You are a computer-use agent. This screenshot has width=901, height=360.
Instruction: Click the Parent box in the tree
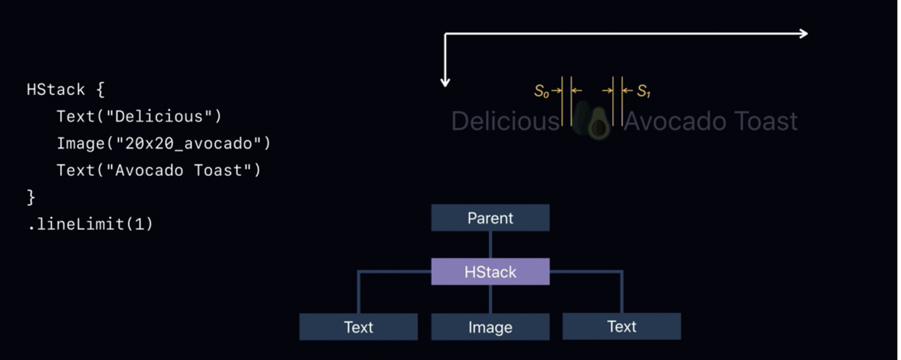[x=490, y=218]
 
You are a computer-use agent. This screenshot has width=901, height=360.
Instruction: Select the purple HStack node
[x=490, y=272]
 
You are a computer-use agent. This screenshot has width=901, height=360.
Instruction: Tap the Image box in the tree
[x=490, y=327]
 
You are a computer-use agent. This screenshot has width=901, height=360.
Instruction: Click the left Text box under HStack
[x=358, y=327]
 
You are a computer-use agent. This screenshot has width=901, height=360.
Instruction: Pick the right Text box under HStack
[x=622, y=326]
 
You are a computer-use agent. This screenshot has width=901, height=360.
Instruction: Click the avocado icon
[x=598, y=123]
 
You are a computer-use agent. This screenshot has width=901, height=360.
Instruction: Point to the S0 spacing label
[x=541, y=92]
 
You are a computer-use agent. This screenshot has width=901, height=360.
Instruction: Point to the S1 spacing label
[x=643, y=92]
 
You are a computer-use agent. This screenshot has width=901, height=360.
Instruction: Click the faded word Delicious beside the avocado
[x=505, y=122]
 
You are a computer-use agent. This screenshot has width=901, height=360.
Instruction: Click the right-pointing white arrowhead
[x=804, y=34]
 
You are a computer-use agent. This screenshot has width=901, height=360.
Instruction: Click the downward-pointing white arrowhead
[x=445, y=82]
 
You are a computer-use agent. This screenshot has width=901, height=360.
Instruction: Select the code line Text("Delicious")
[x=139, y=116]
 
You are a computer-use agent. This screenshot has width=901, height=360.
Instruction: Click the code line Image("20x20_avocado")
[x=163, y=143]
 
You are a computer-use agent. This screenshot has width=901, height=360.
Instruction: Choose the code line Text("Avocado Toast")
[x=159, y=170]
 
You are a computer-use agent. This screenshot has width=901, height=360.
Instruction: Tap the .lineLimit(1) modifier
[x=91, y=224]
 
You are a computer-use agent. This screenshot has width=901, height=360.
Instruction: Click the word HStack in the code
[x=56, y=89]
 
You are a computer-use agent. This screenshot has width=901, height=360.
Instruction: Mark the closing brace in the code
[x=31, y=197]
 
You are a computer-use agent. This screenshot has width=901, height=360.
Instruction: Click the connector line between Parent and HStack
[x=490, y=244]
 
